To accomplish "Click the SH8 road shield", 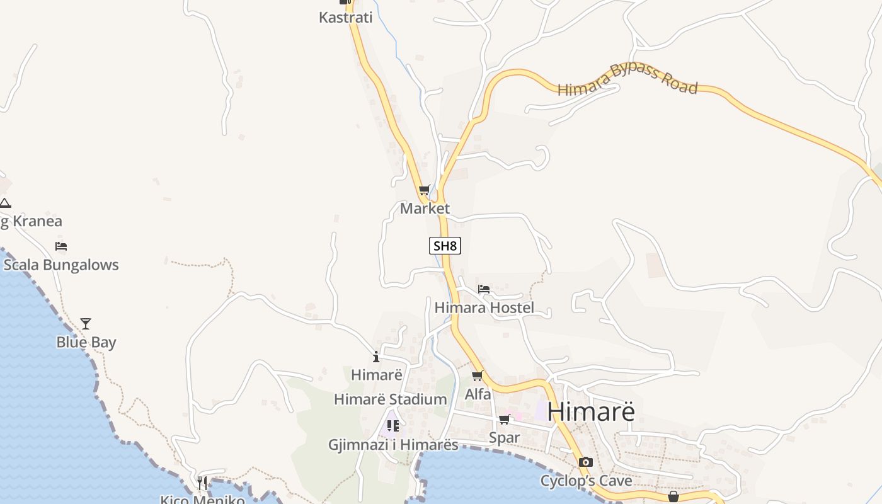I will coord(445,246).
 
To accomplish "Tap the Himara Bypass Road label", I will coord(627,80).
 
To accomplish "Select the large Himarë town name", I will coord(591,411).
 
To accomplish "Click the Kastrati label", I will coord(346,18).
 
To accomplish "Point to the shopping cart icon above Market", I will coord(425,190).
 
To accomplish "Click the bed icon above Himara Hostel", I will coord(484,289).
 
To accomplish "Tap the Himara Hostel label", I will coord(484,308).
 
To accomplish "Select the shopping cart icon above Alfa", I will coord(478,376).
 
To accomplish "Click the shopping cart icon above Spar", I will coord(504,419).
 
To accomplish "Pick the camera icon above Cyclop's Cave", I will coord(586,462).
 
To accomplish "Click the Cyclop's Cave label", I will coord(586,481).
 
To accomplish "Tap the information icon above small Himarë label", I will coord(376,357).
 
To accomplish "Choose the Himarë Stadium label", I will coord(390,399).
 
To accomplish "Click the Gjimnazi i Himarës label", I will coord(393,445).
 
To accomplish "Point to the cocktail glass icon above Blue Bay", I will coord(86,324).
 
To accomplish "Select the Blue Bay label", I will coord(86,343).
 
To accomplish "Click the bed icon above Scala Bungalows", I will coord(61,246).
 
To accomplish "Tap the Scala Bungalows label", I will coord(61,265).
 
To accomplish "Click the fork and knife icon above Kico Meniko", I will coord(202,483).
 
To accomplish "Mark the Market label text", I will coord(425,209).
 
